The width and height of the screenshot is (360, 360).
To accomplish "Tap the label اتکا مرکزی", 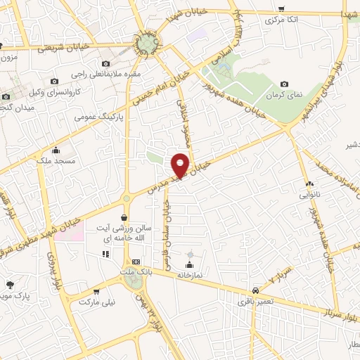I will [x=283, y=20].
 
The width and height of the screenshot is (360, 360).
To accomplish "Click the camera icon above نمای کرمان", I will [x=284, y=84].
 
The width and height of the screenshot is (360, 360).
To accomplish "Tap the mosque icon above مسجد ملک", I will [x=56, y=150].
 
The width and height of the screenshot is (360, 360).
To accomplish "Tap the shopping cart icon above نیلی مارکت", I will [x=96, y=291].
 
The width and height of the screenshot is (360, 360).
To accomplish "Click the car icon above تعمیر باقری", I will [x=254, y=289].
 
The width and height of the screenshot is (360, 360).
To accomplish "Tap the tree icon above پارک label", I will [x=10, y=285].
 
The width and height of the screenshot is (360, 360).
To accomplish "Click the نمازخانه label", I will [x=188, y=275].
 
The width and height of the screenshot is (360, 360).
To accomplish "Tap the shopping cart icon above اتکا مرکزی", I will [x=281, y=9].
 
